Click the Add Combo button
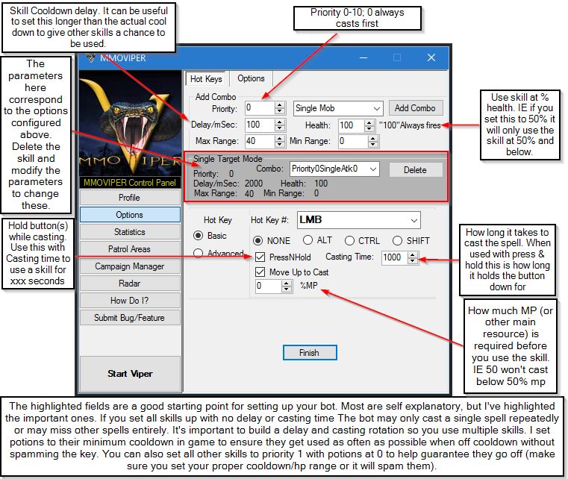coord(416,108)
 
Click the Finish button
coord(309,352)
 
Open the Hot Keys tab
coord(205,78)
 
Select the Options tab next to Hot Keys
coord(251,78)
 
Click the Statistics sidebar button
coord(129,232)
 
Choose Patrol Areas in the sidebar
coord(129,249)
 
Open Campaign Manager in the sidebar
coord(129,266)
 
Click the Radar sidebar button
coord(129,284)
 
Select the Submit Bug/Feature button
coord(129,318)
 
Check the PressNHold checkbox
coord(260,257)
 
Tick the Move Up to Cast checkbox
coord(260,272)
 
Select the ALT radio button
coord(308,240)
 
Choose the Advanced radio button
coord(198,253)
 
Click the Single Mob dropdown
coord(338,108)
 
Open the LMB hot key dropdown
coord(358,220)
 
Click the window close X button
coord(431,57)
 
